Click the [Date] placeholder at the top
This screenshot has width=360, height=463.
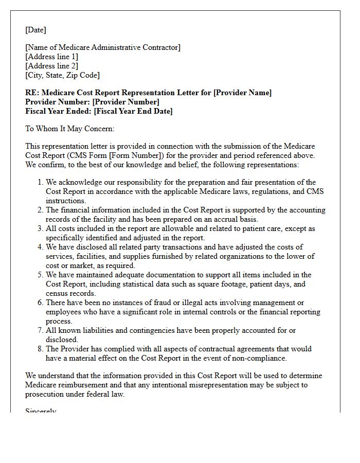coord(35,30)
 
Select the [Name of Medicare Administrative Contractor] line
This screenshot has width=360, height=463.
coord(103,47)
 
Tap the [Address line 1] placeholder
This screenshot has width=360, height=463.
coord(52,57)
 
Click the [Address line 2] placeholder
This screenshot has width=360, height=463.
coord(52,66)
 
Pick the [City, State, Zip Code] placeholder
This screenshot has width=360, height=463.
coord(62,75)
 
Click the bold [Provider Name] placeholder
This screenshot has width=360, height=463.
coord(242,93)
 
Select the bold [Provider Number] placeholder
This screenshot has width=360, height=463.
coord(125,102)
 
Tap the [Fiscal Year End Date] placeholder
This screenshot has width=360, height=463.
coord(133,111)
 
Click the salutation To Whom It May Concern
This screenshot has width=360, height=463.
coord(69,129)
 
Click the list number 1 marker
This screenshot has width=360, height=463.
coord(40,182)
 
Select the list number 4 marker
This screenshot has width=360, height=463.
coord(40,247)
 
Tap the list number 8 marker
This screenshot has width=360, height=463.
coord(40,349)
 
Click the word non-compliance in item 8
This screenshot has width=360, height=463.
coord(260,358)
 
